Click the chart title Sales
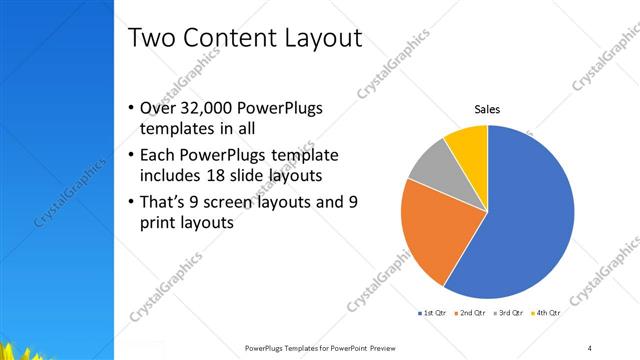pos(486,110)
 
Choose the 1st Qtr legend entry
pos(433,313)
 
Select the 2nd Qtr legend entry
pos(473,313)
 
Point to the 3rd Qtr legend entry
pos(511,313)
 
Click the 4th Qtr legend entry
pos(548,313)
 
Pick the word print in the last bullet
pos(160,223)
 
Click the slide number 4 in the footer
pos(590,347)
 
